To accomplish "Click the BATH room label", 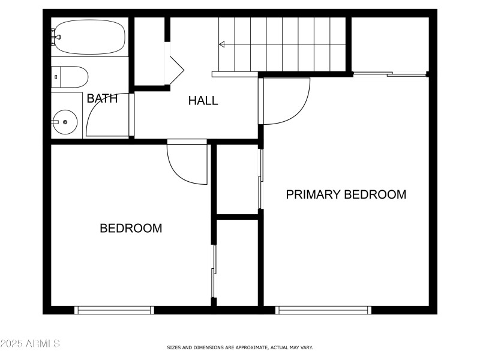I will (x=102, y=99).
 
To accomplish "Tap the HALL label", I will (x=203, y=101).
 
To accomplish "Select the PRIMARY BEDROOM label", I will (x=346, y=194).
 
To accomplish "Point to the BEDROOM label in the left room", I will (x=131, y=229).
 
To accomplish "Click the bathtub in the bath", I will (x=90, y=37).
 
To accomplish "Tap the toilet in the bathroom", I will (x=71, y=76).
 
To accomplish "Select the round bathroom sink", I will (x=65, y=122).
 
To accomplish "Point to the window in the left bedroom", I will (x=114, y=310).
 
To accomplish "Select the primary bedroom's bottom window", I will (x=323, y=310).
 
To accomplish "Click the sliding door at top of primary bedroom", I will (x=389, y=74).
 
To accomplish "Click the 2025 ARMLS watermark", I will (x=30, y=344).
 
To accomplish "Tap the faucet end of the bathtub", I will (x=56, y=37).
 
